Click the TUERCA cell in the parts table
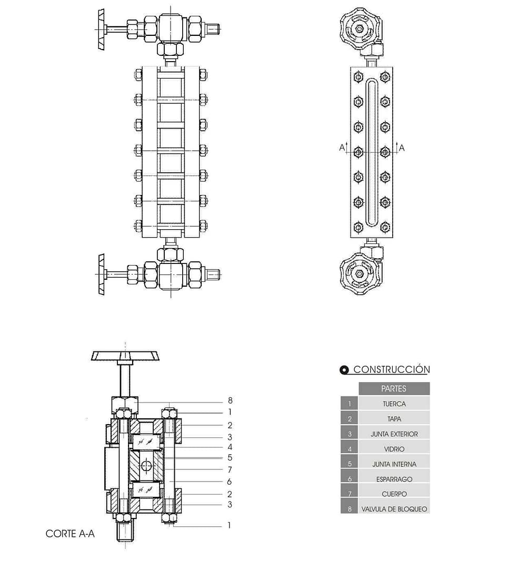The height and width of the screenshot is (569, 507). tap(394, 404)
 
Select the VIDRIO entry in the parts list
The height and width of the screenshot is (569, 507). tap(394, 449)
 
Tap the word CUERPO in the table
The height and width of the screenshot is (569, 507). tap(394, 494)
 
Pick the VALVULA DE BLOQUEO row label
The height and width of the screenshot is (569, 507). tap(394, 509)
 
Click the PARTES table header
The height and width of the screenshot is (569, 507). tap(394, 388)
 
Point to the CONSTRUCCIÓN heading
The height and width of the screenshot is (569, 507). tap(391, 369)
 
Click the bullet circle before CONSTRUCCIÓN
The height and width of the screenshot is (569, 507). tap(344, 370)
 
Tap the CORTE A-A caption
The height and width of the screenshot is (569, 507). tap(70, 534)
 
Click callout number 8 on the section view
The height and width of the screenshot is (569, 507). tap(230, 401)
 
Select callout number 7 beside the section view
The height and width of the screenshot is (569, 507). tap(230, 469)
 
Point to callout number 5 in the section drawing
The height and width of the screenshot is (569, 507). tap(230, 457)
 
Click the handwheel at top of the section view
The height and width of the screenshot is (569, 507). tap(125, 356)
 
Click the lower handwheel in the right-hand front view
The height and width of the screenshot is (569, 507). tap(360, 273)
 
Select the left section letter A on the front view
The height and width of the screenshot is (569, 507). tap(342, 148)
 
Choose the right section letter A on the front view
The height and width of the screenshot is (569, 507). tap(402, 148)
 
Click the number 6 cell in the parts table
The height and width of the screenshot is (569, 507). tap(349, 479)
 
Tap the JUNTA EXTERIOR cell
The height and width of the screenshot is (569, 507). tap(394, 434)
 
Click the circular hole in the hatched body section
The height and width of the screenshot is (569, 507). tap(146, 465)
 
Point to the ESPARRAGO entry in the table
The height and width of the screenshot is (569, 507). tap(394, 479)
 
